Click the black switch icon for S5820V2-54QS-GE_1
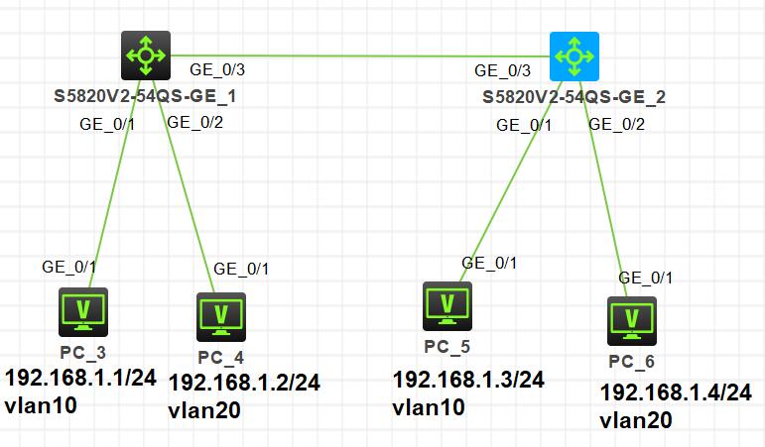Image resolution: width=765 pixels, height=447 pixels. (146, 55)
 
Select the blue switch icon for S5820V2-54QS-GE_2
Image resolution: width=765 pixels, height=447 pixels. (574, 56)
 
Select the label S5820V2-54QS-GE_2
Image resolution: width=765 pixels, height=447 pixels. (574, 98)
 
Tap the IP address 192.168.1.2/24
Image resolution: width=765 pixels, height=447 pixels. (244, 382)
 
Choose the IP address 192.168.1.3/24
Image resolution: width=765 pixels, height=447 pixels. (468, 379)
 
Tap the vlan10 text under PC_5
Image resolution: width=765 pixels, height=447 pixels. (429, 406)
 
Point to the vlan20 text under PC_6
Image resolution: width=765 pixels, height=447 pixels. (636, 419)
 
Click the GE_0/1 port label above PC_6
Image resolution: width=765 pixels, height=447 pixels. (646, 278)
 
